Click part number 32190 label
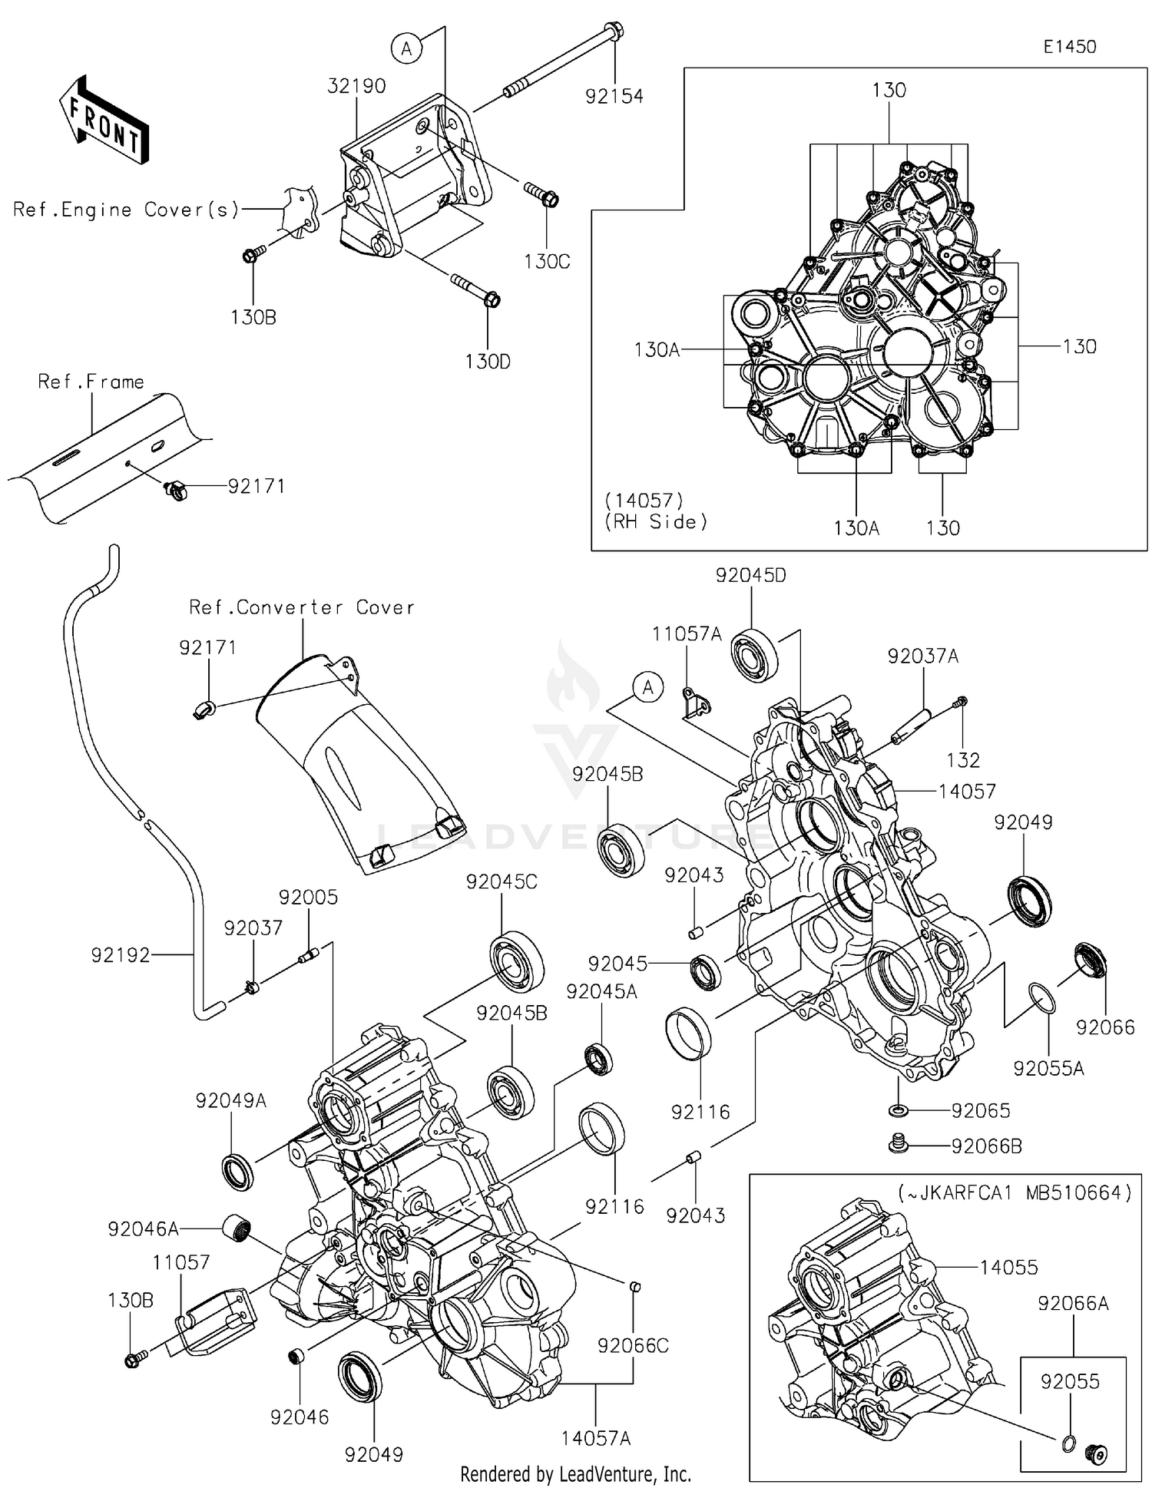point(356,86)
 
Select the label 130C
point(547,262)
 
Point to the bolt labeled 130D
point(475,289)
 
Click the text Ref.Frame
point(91,382)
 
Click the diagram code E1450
point(1069,47)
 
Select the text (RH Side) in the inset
point(655,522)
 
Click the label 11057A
point(687,634)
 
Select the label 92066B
point(986,1146)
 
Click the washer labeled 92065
point(897,1110)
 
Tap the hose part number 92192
point(120,956)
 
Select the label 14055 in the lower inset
point(1008,1268)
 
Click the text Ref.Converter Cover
point(302,608)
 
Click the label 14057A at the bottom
point(596,1439)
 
